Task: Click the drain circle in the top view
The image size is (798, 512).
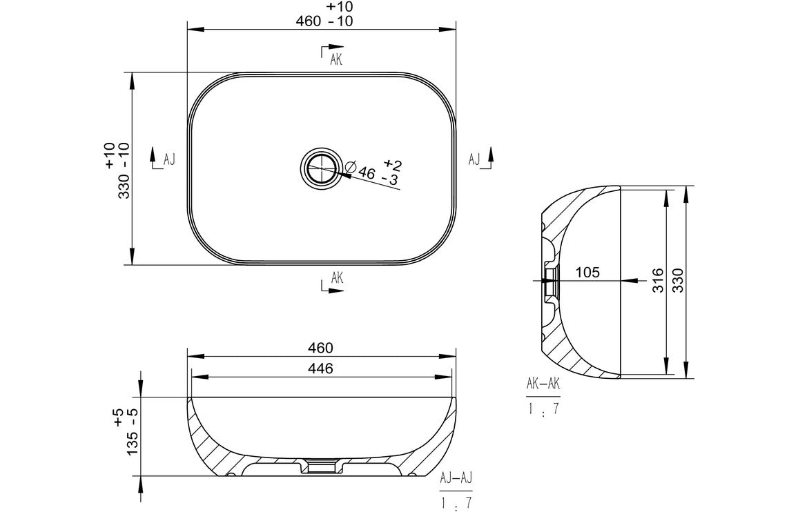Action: point(320,168)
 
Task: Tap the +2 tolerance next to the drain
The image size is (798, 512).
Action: point(392,164)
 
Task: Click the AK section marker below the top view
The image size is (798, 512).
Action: point(336,278)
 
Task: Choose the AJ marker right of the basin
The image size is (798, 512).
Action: point(474,159)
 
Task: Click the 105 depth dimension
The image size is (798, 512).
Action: point(587,272)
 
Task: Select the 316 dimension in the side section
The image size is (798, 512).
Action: point(657,281)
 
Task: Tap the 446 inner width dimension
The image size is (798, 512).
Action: point(320,368)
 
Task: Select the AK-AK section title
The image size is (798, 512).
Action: point(543,384)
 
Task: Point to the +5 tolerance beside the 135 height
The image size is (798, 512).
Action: point(118,416)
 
